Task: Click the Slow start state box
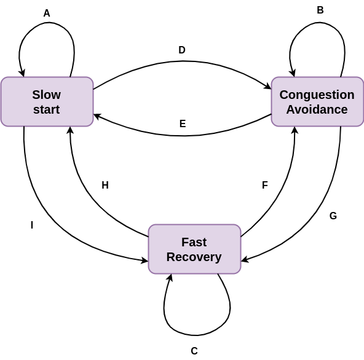tap(47, 102)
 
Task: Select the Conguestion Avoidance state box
tap(317, 102)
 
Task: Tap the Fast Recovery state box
tap(194, 249)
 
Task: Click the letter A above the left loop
tap(47, 14)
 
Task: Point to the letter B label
tap(320, 10)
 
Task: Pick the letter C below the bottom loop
tap(194, 351)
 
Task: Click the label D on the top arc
tap(182, 50)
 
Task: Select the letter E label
tap(183, 124)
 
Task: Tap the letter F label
tap(265, 186)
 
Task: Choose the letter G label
tap(333, 216)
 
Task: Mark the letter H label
tap(105, 186)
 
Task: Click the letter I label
tap(32, 225)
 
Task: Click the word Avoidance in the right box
tap(317, 110)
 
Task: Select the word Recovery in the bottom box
tap(194, 257)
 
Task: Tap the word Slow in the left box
tap(47, 95)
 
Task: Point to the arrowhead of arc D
tap(268, 88)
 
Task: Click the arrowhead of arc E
tap(97, 115)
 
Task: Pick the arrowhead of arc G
tap(244, 260)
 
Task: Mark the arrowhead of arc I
tap(145, 260)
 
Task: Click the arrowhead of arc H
tap(70, 130)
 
